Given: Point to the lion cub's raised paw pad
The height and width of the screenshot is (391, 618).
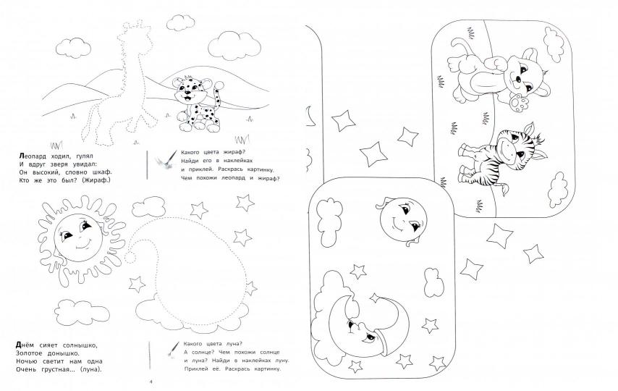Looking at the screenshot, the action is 518,104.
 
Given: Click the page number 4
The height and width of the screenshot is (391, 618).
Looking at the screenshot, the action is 151,382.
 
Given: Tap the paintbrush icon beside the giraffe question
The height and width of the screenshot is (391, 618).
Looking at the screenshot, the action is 166,161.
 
